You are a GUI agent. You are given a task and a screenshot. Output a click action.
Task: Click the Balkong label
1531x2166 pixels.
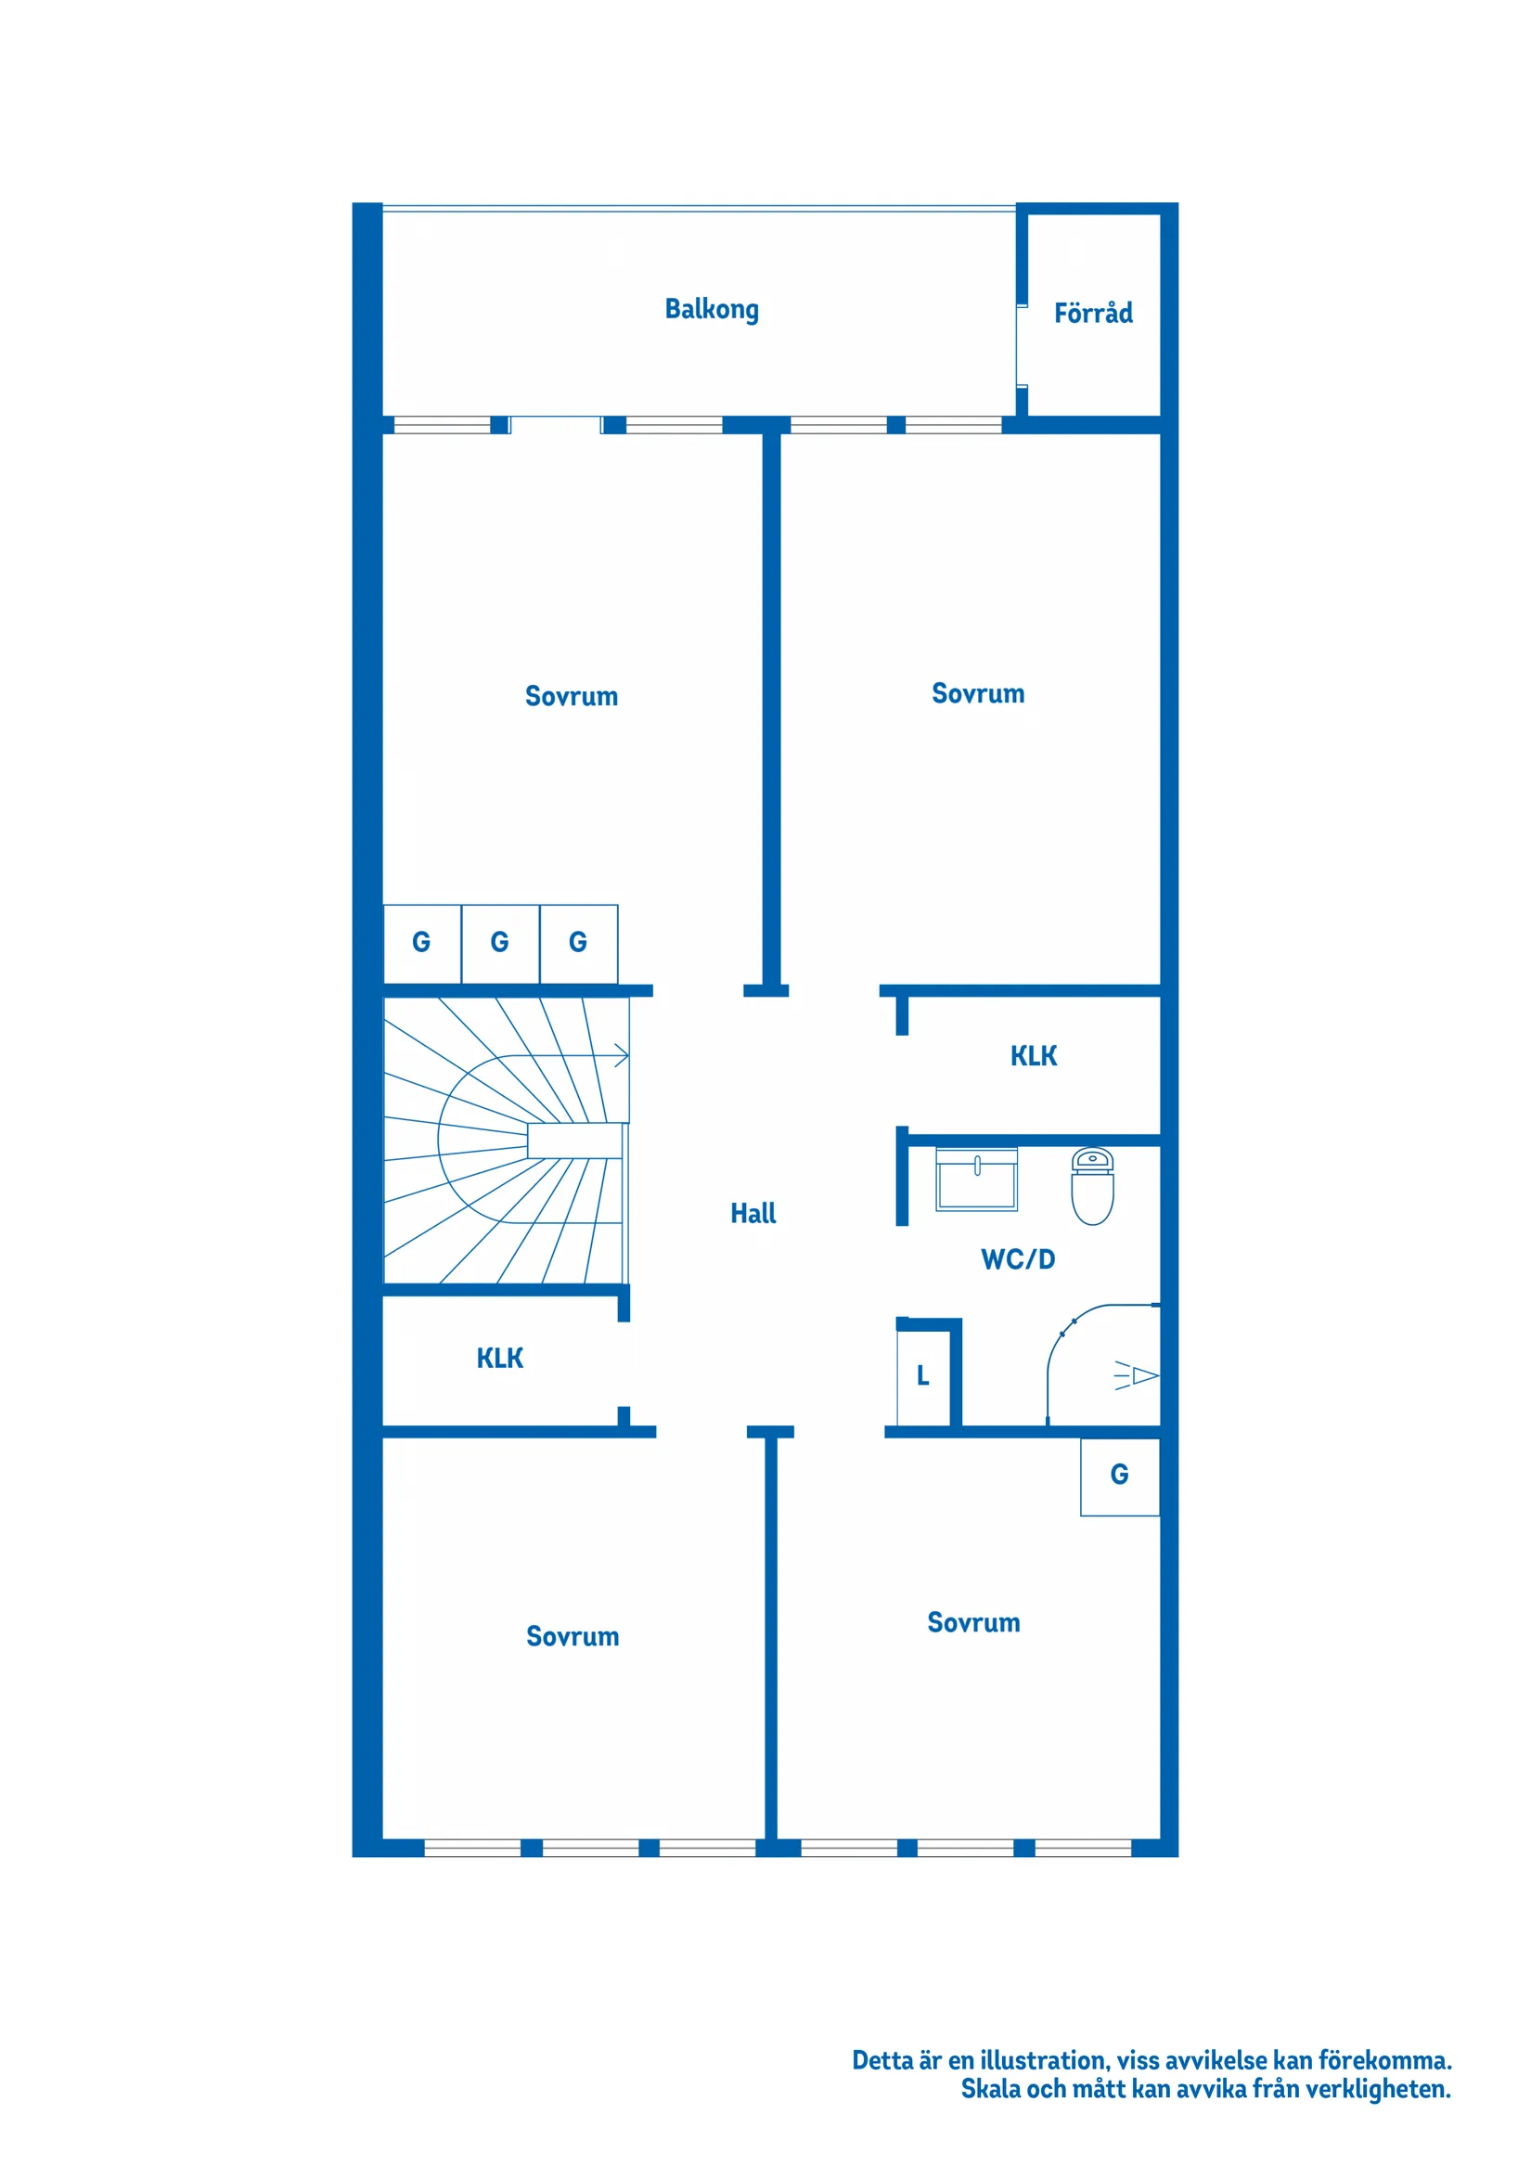pyautogui.click(x=712, y=309)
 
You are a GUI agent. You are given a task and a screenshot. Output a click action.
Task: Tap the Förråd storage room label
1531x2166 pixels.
pyautogui.click(x=1092, y=313)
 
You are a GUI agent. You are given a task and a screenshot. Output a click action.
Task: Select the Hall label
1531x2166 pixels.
pyautogui.click(x=753, y=1213)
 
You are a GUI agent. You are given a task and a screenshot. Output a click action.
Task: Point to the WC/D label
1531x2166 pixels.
pyautogui.click(x=1017, y=1259)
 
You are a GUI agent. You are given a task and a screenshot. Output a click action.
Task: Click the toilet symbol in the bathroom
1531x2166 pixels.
pyautogui.click(x=1091, y=1187)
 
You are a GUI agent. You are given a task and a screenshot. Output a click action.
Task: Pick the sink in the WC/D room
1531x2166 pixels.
pyautogui.click(x=976, y=1180)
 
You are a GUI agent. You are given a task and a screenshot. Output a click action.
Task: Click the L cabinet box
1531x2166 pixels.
pyautogui.click(x=923, y=1376)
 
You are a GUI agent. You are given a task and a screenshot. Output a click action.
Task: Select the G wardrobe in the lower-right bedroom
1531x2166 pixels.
pyautogui.click(x=1119, y=1476)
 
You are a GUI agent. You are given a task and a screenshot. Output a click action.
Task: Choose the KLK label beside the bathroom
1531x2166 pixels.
pyautogui.click(x=1033, y=1057)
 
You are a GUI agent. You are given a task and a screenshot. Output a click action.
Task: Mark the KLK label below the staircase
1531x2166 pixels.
pyautogui.click(x=499, y=1359)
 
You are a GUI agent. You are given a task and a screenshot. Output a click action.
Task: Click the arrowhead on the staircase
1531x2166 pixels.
pyautogui.click(x=622, y=1056)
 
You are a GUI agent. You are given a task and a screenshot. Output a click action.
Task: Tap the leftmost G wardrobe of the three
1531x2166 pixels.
pyautogui.click(x=421, y=943)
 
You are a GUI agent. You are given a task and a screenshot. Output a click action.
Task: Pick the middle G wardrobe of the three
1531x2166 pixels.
pyautogui.click(x=500, y=943)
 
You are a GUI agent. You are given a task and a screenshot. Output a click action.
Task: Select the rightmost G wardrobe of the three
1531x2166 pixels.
pyautogui.click(x=578, y=943)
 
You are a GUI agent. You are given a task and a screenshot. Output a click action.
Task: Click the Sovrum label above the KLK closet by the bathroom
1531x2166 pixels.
pyautogui.click(x=977, y=694)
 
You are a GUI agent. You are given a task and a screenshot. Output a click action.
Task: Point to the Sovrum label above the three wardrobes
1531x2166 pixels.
pyautogui.click(x=571, y=697)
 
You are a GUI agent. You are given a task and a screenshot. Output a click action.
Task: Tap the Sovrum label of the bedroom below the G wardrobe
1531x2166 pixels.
pyautogui.click(x=972, y=1622)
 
